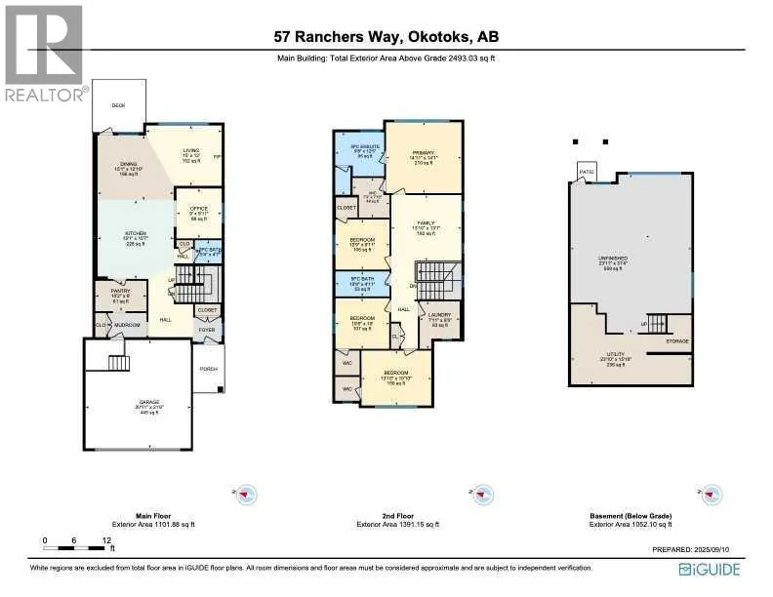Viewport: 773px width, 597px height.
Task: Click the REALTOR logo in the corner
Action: (44, 54)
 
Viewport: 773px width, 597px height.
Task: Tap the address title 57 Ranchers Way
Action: (388, 38)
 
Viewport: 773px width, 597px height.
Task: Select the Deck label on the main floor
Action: (118, 105)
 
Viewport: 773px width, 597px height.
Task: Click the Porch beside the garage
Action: (208, 369)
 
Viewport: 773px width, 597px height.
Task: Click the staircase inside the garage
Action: (117, 364)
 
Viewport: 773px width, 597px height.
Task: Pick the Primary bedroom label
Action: (423, 154)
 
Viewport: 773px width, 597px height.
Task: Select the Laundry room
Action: (439, 317)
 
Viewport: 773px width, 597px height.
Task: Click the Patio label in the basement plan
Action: (586, 172)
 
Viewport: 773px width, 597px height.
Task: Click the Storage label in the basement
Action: (677, 340)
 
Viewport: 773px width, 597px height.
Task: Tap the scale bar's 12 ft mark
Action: (103, 539)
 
